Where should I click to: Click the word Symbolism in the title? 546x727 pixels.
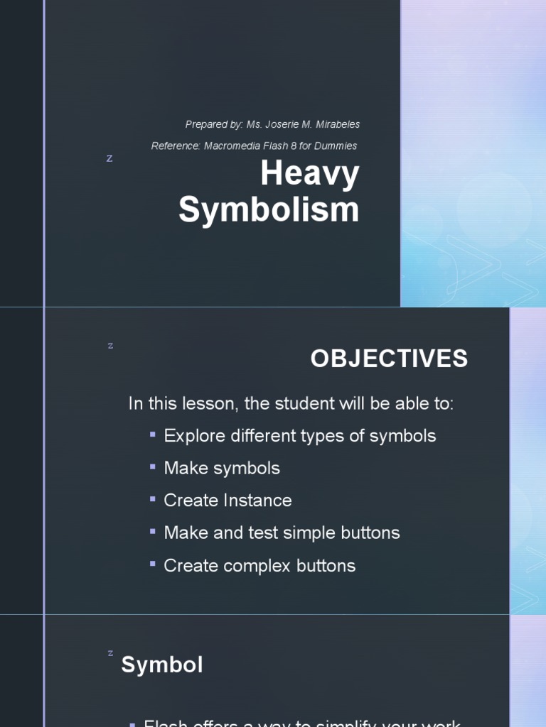269,210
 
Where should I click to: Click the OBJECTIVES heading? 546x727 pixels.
389,359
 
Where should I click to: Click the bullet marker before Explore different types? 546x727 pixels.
153,434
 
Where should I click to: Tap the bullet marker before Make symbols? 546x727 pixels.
153,466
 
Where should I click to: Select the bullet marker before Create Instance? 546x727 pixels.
153,498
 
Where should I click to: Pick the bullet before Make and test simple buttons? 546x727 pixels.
153,531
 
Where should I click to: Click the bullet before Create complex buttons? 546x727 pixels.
153,564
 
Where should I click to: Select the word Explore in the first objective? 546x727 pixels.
191,436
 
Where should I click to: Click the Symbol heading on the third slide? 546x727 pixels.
162,665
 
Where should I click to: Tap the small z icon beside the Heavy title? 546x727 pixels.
109,159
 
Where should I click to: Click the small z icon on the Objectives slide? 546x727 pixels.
110,346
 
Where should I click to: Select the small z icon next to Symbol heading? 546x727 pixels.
110,652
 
